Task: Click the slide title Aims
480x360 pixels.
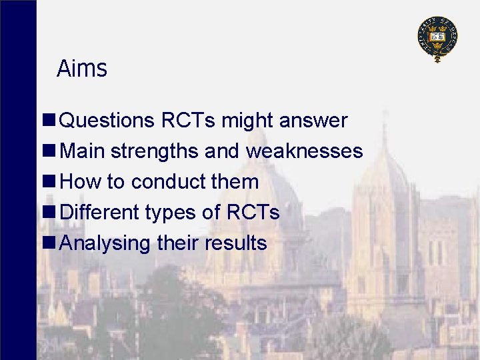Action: [81, 69]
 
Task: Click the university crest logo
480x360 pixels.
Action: [437, 39]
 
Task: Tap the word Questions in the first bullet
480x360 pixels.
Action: [107, 121]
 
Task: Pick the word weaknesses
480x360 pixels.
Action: [304, 151]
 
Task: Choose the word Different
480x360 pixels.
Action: [99, 213]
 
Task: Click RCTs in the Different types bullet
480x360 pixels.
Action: [253, 213]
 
